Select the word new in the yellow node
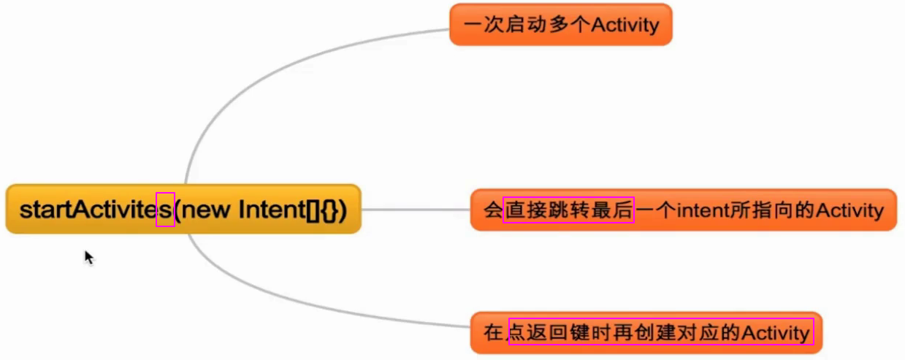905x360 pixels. click(x=210, y=210)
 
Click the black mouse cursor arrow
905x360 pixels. click(x=88, y=257)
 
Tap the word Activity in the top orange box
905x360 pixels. click(x=625, y=26)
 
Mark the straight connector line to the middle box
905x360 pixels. click(x=416, y=210)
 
